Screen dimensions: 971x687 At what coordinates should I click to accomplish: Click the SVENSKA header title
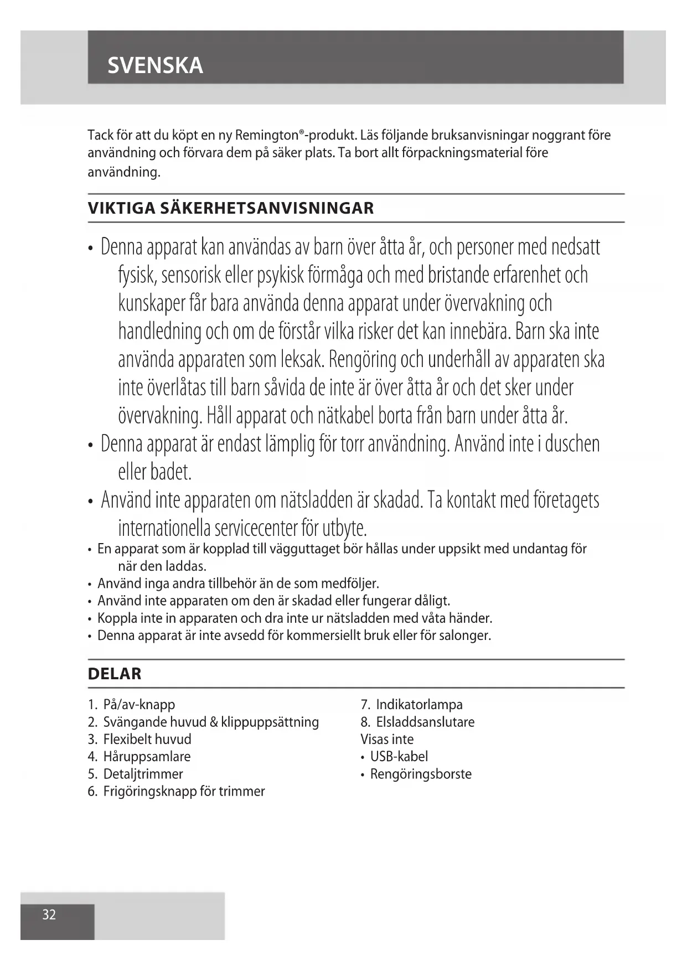tap(155, 66)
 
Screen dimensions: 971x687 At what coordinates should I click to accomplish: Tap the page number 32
tap(49, 914)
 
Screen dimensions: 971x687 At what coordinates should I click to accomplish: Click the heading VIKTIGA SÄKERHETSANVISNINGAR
tap(231, 208)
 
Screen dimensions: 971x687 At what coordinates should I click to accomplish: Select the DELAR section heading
tap(115, 674)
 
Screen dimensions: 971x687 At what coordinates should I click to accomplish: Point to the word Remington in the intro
tap(267, 135)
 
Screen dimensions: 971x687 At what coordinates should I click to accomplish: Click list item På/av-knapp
tap(139, 705)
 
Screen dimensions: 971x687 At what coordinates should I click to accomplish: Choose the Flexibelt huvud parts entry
tap(147, 739)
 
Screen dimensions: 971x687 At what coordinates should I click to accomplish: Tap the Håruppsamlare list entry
tap(147, 756)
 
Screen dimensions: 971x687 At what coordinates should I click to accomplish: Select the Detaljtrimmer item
tap(143, 774)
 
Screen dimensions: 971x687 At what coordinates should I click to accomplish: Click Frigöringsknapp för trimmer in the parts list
tap(184, 791)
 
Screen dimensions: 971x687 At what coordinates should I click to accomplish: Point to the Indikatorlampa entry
tap(419, 705)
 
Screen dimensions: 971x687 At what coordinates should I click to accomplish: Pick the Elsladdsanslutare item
tap(425, 722)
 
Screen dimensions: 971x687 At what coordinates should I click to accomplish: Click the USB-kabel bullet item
tap(399, 756)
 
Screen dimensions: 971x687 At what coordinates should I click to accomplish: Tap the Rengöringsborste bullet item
tap(421, 774)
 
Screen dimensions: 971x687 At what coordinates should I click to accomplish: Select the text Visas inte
tap(387, 739)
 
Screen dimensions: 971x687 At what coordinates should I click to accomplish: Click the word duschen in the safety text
tap(572, 444)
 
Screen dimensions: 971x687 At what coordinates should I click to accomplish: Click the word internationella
tap(164, 528)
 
